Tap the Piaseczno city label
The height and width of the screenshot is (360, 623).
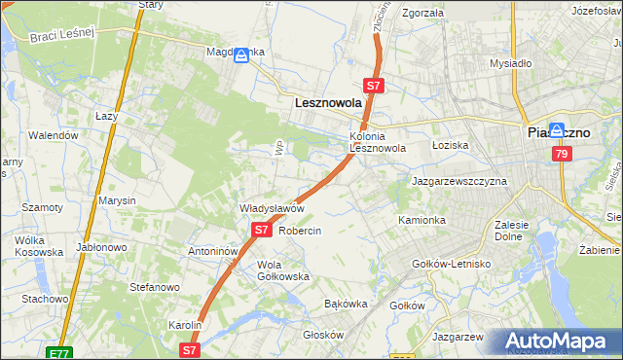pyautogui.click(x=558, y=132)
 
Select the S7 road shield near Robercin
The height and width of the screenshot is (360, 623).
pyautogui.click(x=261, y=231)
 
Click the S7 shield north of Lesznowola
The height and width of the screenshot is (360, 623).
pyautogui.click(x=376, y=86)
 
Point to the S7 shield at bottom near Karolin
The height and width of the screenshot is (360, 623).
pyautogui.click(x=190, y=348)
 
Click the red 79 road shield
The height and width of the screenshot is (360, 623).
pyautogui.click(x=560, y=155)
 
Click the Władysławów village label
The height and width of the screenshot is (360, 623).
pyautogui.click(x=273, y=209)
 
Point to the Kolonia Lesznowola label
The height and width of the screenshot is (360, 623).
pyautogui.click(x=377, y=142)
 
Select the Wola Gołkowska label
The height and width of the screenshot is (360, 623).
pyautogui.click(x=282, y=270)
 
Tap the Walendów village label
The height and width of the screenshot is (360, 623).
pyautogui.click(x=53, y=136)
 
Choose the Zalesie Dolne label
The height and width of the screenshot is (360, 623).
pyautogui.click(x=511, y=231)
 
